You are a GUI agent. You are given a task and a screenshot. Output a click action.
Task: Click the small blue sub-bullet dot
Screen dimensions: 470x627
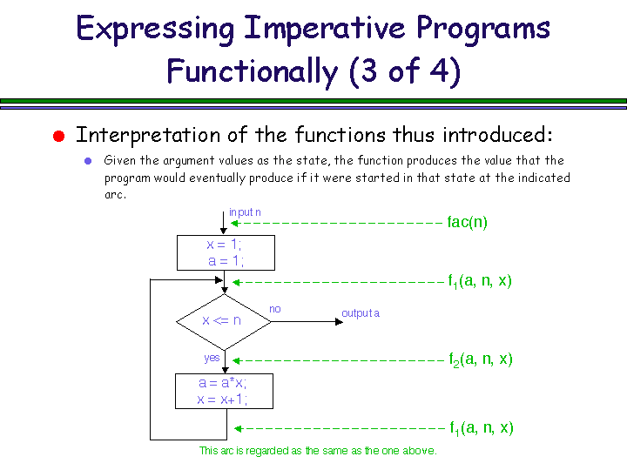87,161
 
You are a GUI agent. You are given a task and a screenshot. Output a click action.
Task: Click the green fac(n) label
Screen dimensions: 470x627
467,222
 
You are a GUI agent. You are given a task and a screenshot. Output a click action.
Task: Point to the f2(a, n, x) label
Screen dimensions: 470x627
480,359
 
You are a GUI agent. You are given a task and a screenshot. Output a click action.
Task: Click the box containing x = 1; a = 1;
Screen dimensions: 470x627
226,252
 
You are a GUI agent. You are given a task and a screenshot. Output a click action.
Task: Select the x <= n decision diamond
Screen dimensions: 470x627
223,320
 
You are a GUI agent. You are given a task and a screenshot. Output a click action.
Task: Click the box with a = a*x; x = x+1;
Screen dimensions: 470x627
223,391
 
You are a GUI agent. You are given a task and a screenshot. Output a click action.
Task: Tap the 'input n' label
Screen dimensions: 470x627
245,211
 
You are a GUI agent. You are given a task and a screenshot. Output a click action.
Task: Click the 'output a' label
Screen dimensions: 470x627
361,313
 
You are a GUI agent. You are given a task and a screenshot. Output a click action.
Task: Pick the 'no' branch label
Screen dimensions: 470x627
275,309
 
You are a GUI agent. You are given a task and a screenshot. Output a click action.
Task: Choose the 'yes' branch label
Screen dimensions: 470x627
212,357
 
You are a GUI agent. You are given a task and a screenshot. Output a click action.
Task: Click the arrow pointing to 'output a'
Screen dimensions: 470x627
305,320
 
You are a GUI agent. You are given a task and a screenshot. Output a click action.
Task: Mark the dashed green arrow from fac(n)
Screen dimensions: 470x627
336,223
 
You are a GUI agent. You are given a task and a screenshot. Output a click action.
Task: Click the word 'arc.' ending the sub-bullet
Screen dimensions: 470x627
115,194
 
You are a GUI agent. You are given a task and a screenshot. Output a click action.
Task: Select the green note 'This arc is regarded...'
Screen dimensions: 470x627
318,451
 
